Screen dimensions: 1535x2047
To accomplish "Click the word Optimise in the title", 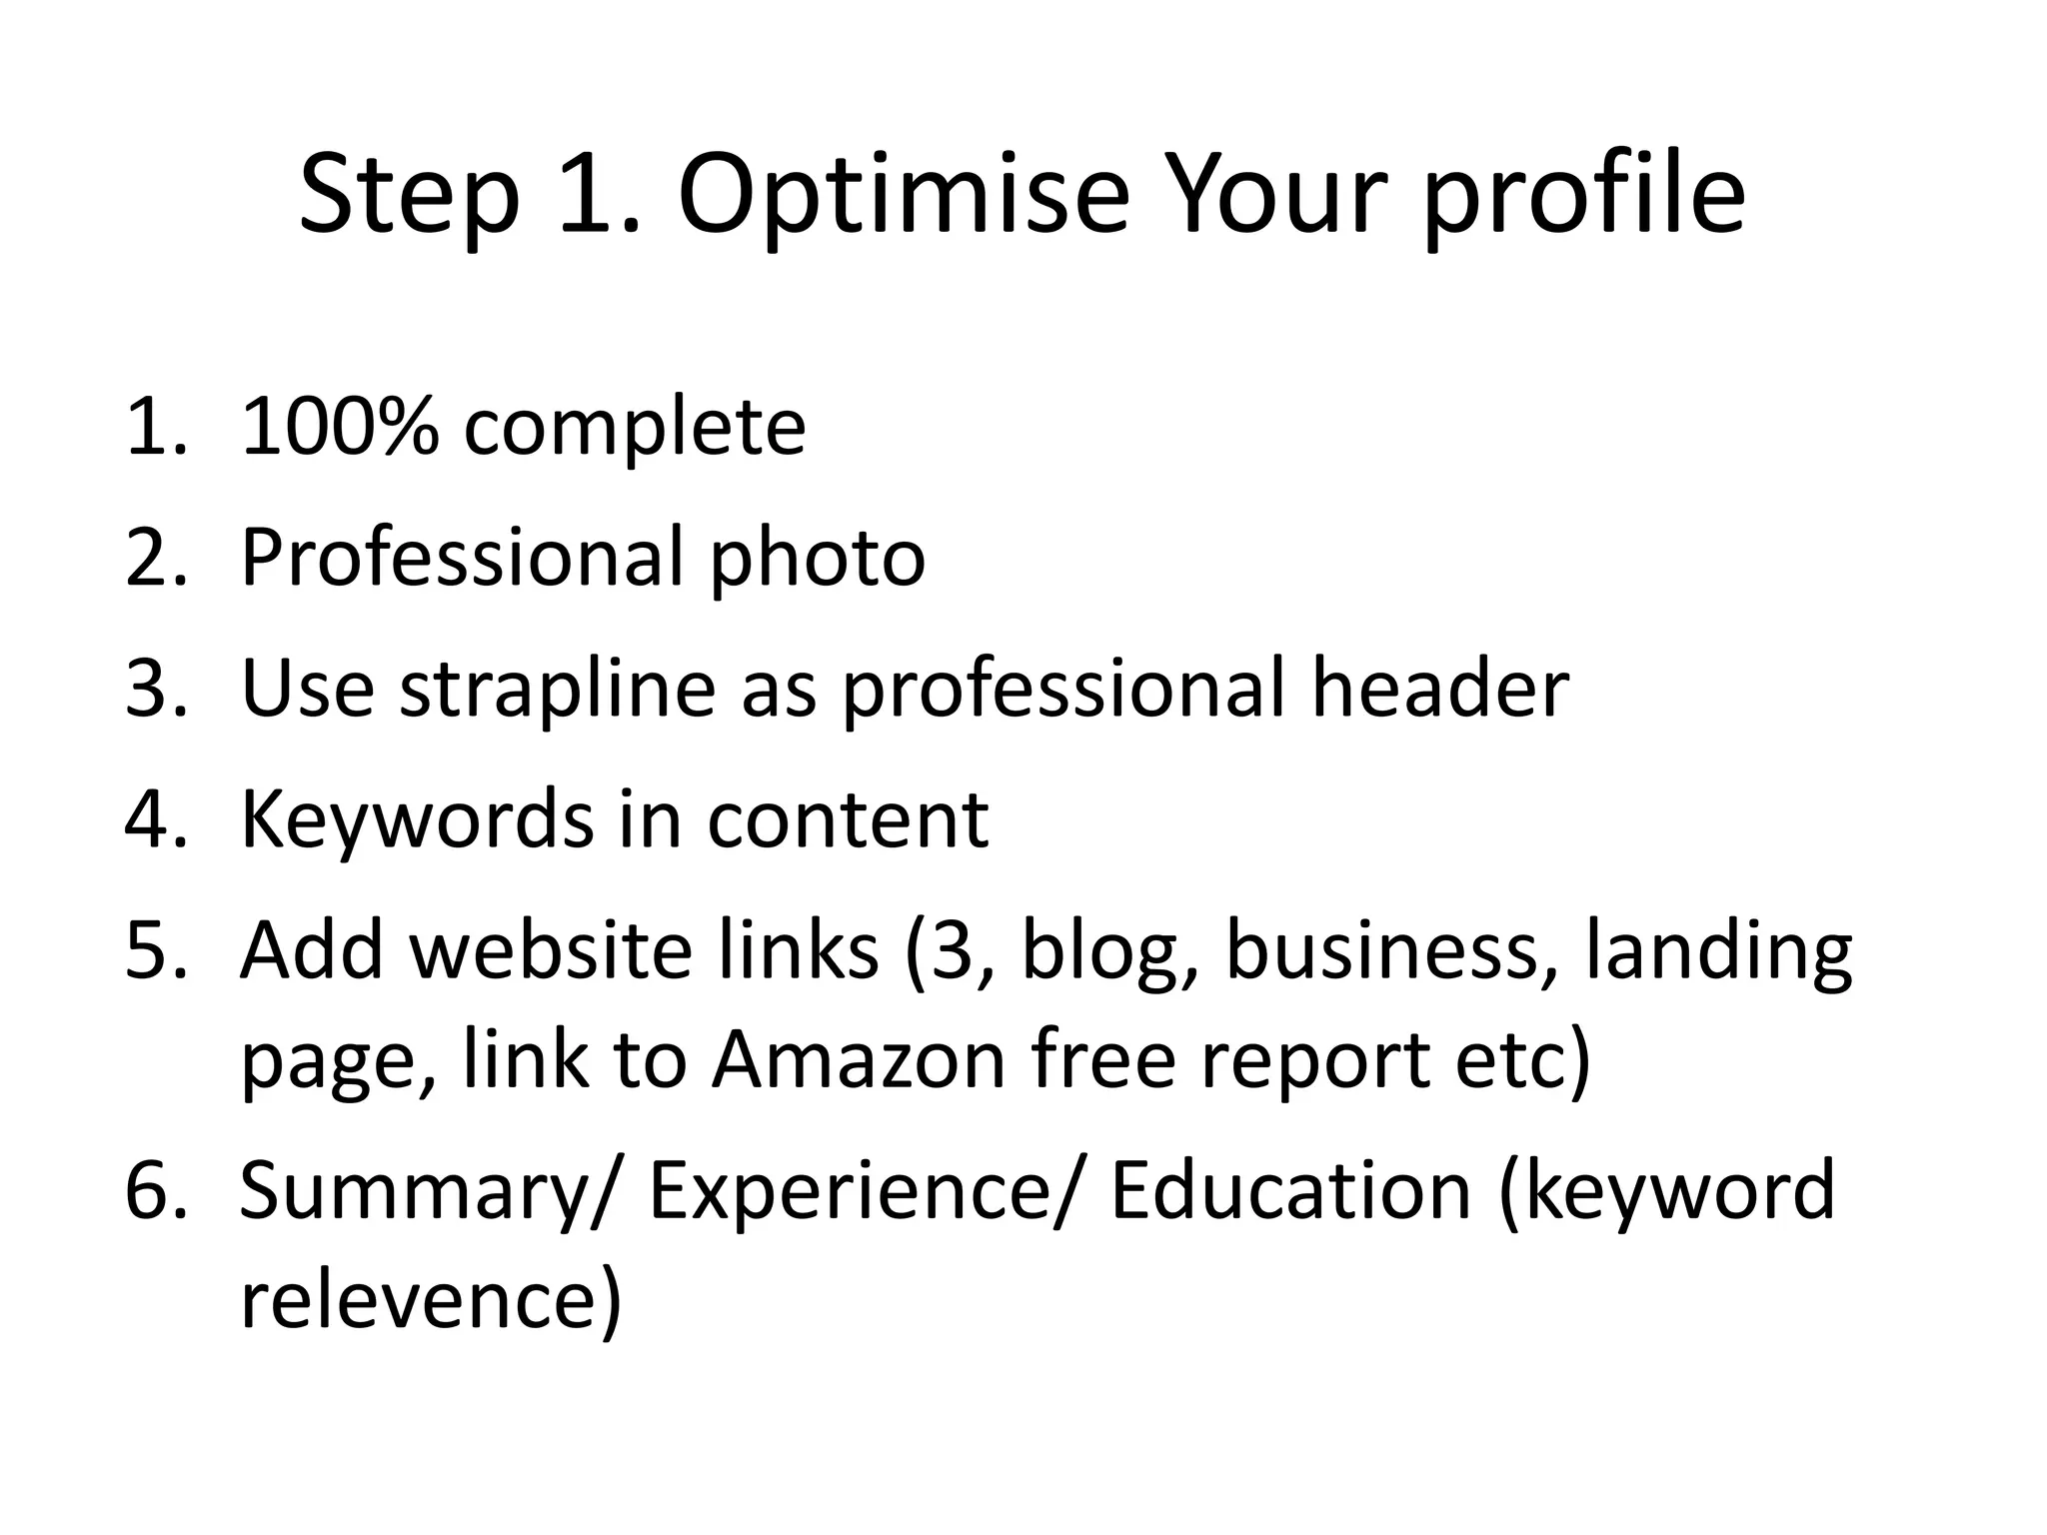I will click(x=904, y=196).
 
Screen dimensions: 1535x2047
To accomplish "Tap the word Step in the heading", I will click(x=410, y=196).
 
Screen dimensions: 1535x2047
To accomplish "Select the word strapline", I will click(x=558, y=690).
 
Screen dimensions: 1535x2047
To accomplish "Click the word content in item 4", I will click(x=848, y=819).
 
